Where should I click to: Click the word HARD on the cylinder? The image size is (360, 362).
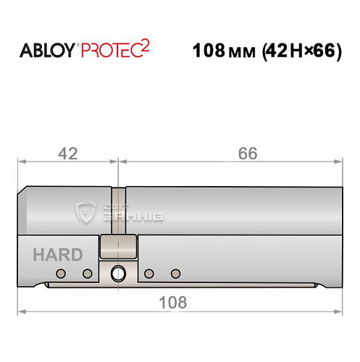[57, 255]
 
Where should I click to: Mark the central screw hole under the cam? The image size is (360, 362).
[117, 273]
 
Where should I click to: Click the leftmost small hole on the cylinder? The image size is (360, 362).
[61, 273]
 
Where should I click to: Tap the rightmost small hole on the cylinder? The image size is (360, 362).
[175, 273]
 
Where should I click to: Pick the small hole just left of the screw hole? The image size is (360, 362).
[88, 273]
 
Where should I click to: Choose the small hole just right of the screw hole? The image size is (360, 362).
[148, 273]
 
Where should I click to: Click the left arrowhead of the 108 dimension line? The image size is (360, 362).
[22, 311]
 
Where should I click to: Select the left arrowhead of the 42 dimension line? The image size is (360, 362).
[22, 163]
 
